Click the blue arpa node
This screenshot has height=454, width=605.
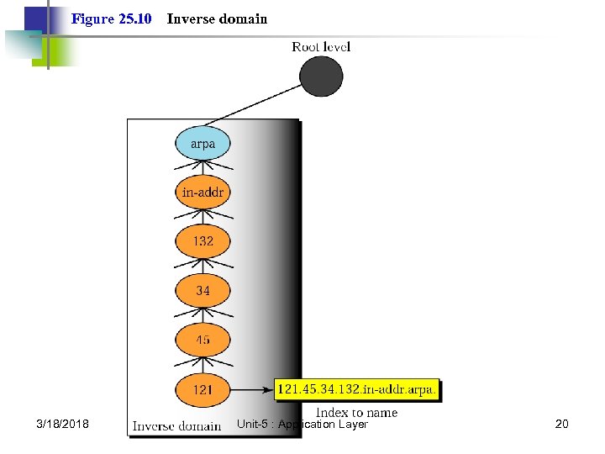coord(203,144)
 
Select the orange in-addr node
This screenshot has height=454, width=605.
coord(203,193)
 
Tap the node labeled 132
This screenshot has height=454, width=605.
coord(203,241)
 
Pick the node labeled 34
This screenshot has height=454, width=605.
coord(203,291)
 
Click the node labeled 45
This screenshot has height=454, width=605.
coord(203,340)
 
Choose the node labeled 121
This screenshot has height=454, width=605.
coord(203,390)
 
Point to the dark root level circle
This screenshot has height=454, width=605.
coord(321,77)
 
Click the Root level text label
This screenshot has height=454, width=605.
coord(321,46)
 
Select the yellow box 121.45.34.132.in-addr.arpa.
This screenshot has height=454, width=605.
coord(357,390)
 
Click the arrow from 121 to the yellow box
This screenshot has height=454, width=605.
coord(252,390)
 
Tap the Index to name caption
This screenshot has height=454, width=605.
coord(356,412)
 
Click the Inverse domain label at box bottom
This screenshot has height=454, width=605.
coord(176,426)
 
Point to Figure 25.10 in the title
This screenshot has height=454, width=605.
coord(111,18)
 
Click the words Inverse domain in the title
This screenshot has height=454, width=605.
coord(217,18)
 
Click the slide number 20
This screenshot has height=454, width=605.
coord(561,424)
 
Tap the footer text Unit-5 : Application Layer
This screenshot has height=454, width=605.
coord(302,424)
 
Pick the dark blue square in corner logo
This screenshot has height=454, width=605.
coord(35,18)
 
